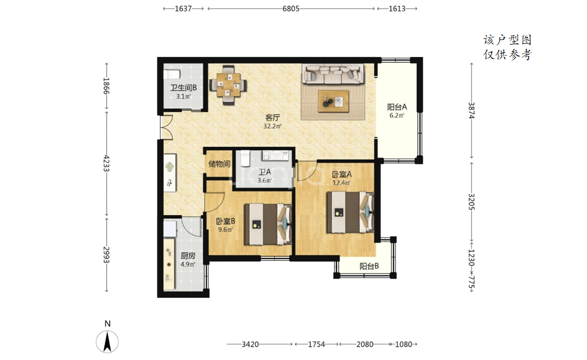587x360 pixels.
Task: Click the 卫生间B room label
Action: [x=183, y=88]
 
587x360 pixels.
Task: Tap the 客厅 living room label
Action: [x=272, y=117]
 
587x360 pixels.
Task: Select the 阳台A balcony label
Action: [x=397, y=107]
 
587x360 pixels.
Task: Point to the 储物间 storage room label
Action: [x=220, y=164]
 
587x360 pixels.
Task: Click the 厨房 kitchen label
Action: [x=188, y=256]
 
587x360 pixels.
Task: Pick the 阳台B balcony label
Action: [x=369, y=266]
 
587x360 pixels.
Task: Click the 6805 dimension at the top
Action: [x=291, y=9]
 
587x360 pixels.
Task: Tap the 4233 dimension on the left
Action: [x=107, y=163]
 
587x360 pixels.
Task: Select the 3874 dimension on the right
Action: [x=472, y=110]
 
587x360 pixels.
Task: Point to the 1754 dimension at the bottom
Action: [x=316, y=344]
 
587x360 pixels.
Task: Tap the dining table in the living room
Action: [x=228, y=85]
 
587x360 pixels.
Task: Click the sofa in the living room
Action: [x=333, y=74]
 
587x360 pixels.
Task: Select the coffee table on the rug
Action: [x=333, y=101]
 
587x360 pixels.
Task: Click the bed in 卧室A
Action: [x=350, y=212]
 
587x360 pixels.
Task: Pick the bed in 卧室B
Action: [x=268, y=224]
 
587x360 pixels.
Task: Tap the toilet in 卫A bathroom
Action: [x=245, y=158]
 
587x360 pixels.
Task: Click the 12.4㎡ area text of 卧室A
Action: [x=342, y=183]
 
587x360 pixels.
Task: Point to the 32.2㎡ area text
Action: [x=272, y=126]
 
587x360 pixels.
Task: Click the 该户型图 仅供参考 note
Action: [x=507, y=48]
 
